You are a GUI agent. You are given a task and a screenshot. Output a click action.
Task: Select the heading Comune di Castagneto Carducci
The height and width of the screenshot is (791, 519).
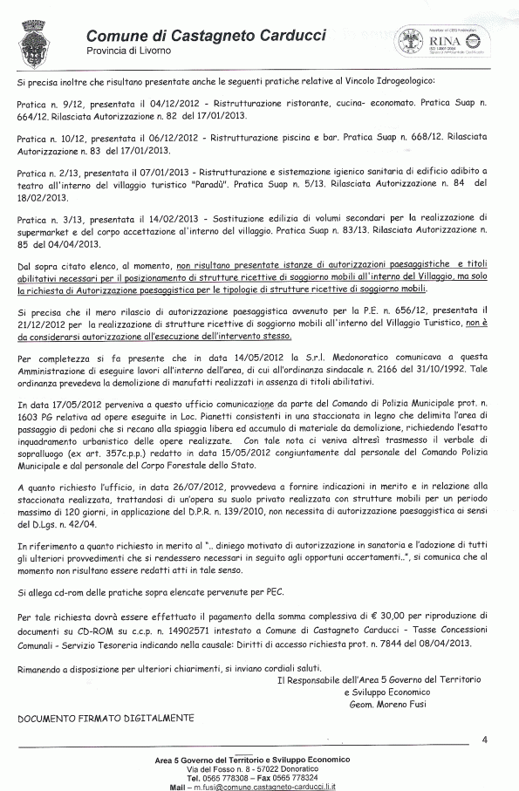pos(206,36)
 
